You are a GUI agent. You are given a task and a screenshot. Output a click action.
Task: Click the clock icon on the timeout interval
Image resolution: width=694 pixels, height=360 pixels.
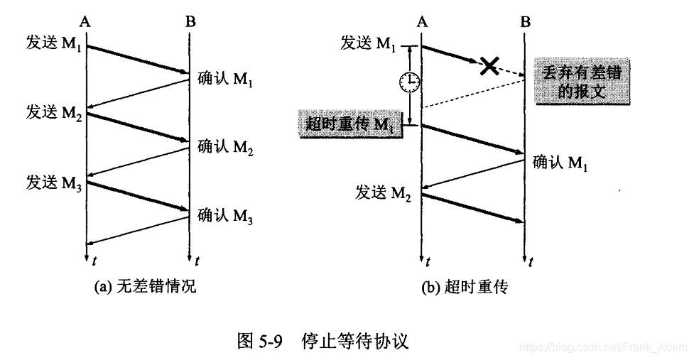pyautogui.click(x=409, y=83)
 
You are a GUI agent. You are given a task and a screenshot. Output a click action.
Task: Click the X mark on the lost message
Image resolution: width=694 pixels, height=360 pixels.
pyautogui.click(x=489, y=66)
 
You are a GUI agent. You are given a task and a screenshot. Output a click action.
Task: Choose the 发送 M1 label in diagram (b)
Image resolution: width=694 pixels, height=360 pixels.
pyautogui.click(x=368, y=44)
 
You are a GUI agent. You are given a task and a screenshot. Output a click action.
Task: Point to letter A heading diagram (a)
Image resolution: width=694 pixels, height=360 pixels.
pyautogui.click(x=85, y=22)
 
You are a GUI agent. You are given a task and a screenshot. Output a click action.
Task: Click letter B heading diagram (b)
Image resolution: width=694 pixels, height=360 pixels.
pyautogui.click(x=525, y=22)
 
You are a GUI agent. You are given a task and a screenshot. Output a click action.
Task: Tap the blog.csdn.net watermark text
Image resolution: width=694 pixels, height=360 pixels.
pyautogui.click(x=603, y=347)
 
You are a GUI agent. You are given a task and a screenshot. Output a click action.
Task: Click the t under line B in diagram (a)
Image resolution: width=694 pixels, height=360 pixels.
pyautogui.click(x=197, y=261)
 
